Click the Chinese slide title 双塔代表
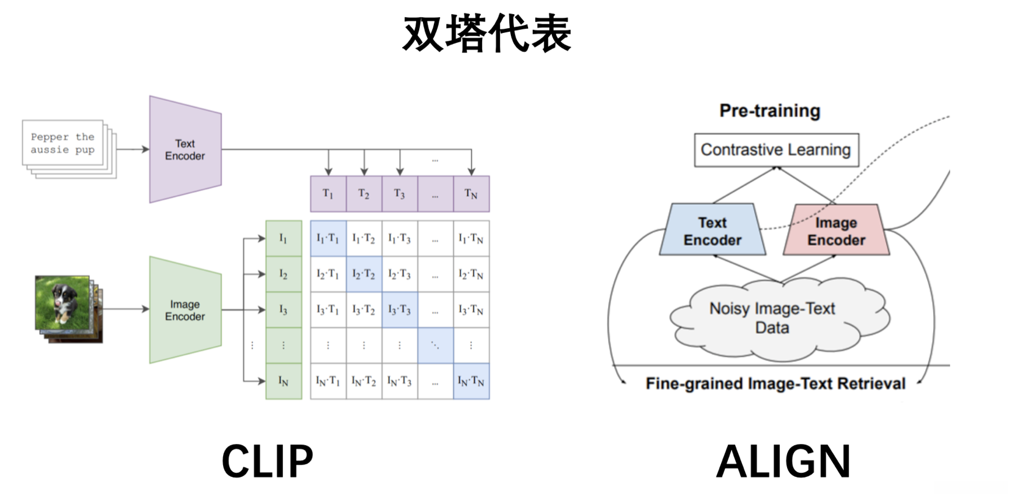pyautogui.click(x=487, y=34)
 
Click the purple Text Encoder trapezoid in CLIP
pyautogui.click(x=185, y=149)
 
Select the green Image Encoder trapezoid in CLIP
pyautogui.click(x=185, y=310)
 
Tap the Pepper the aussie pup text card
pyautogui.click(x=63, y=143)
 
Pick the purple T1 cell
pyautogui.click(x=328, y=194)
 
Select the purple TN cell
pyautogui.click(x=471, y=194)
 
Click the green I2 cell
pyautogui.click(x=284, y=274)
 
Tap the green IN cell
pyautogui.click(x=284, y=381)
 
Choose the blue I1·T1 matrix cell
pyautogui.click(x=328, y=238)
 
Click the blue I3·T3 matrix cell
pyautogui.click(x=400, y=309)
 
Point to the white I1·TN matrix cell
pyautogui.click(x=471, y=238)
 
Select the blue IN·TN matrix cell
pyautogui.click(x=471, y=381)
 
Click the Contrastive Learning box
pyautogui.click(x=776, y=150)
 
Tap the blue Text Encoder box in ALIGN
pyautogui.click(x=713, y=231)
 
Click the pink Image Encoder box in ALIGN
pyautogui.click(x=836, y=231)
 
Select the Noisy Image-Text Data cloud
pyautogui.click(x=772, y=318)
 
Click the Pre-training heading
pyautogui.click(x=769, y=111)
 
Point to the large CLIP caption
pyautogui.click(x=267, y=462)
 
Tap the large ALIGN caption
pyautogui.click(x=783, y=462)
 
